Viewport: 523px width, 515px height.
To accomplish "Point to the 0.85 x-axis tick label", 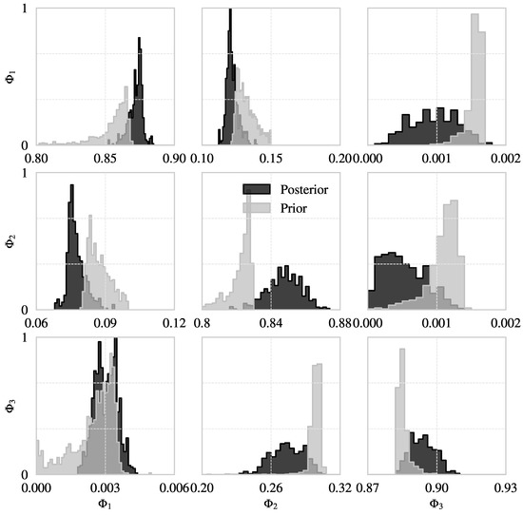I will (106, 158).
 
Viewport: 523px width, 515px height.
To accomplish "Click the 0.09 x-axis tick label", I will (106, 322).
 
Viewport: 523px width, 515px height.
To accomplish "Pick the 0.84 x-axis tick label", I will (271, 322).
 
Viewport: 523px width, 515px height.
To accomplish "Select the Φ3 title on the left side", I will (11, 406).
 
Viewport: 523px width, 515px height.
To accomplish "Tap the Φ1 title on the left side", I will (11, 74).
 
